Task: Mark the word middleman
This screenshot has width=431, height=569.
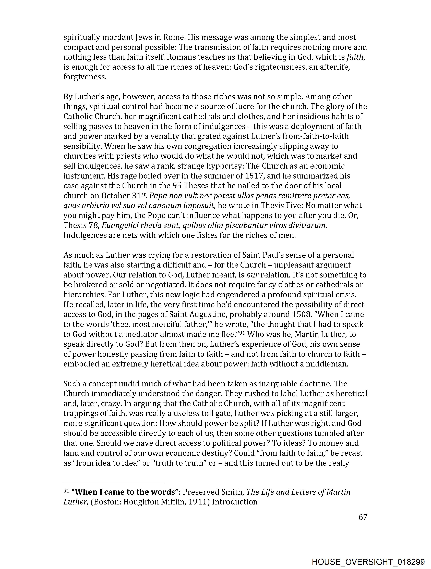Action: pyautogui.click(x=327, y=364)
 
